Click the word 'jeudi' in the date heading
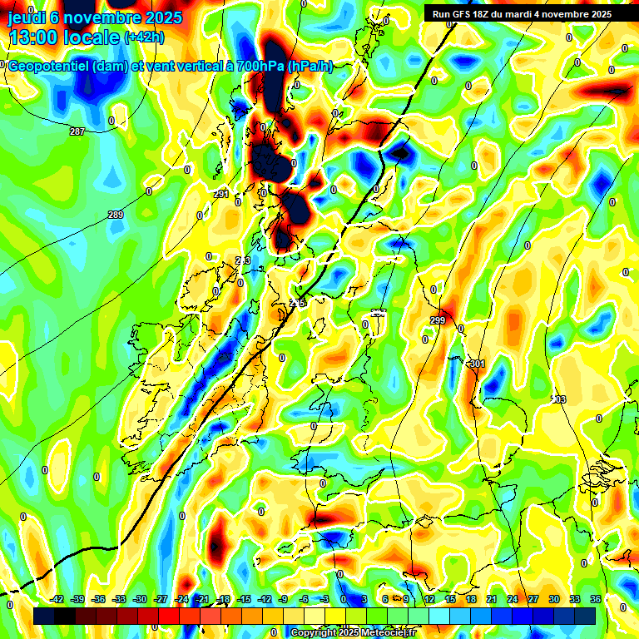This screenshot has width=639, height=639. coord(26,16)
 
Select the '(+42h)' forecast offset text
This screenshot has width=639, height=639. coord(144,37)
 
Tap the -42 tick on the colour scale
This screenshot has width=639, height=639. coord(57,599)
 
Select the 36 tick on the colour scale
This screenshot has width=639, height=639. coord(595,599)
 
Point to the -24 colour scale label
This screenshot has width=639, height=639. coord(181,599)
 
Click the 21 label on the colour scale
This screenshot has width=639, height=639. coord(491,599)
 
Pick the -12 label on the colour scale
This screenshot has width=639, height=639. coord(265,599)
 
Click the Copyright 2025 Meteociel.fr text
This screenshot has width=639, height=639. coord(353,632)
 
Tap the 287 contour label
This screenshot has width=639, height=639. coord(77,131)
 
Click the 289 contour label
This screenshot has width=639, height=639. coord(116,215)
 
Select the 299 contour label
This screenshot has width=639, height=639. coord(438,320)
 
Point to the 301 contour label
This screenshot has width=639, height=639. coord(477,364)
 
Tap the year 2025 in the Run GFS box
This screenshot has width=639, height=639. coord(597,14)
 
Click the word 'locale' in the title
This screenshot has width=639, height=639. coord(91,37)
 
